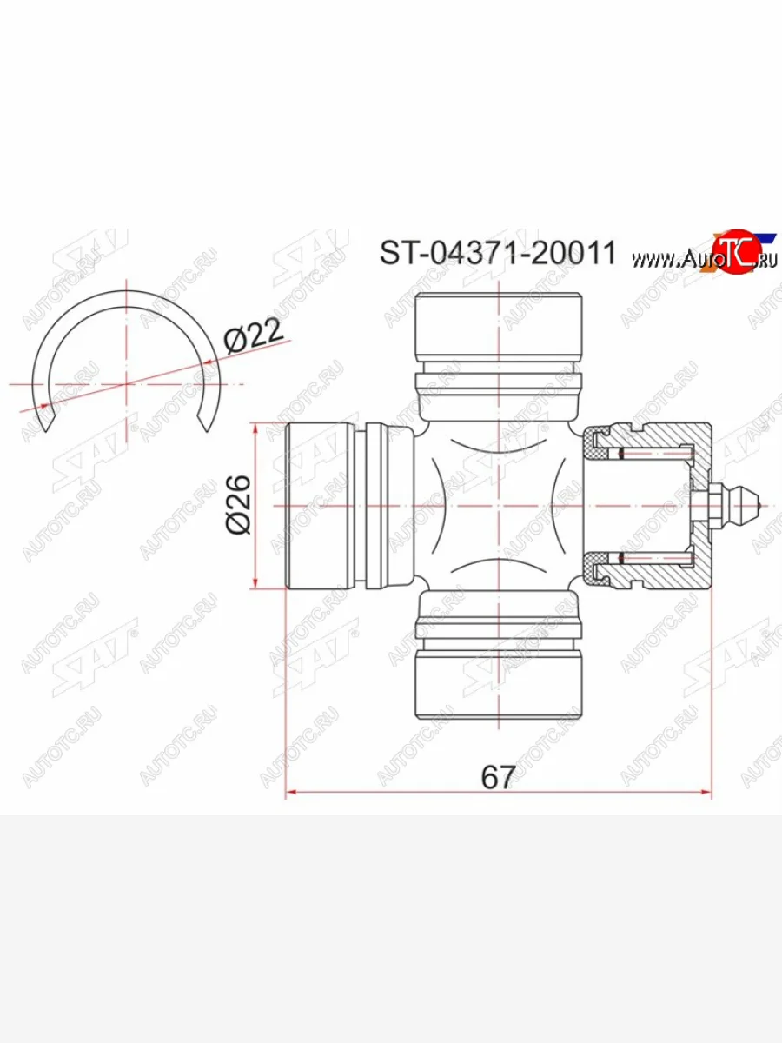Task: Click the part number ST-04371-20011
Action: click(497, 253)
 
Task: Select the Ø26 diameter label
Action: click(238, 505)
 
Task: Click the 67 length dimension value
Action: click(498, 776)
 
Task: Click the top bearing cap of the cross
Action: click(498, 327)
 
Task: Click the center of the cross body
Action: click(498, 505)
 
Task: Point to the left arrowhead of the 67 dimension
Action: click(292, 793)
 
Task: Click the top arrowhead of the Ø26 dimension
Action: click(255, 428)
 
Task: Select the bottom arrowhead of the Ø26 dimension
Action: click(255, 583)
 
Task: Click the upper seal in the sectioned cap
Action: click(597, 446)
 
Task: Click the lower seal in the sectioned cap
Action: click(597, 565)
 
